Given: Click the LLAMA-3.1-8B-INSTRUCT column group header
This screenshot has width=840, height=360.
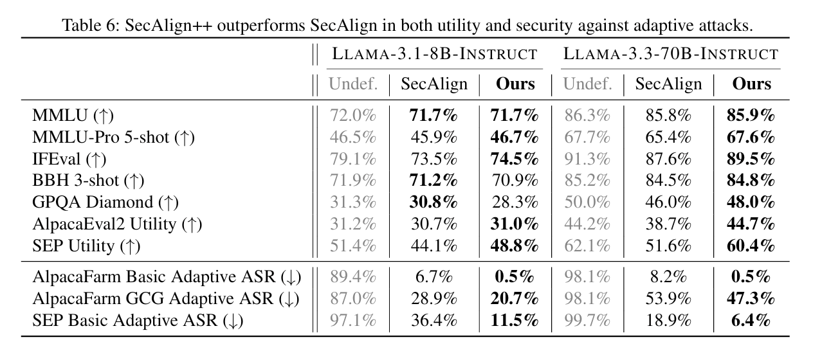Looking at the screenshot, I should click(434, 53).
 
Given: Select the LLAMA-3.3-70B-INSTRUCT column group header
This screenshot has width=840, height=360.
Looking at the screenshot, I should click(671, 53).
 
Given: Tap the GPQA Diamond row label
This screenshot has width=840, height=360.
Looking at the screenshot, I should click(105, 202).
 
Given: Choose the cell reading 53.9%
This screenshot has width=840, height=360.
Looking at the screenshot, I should click(669, 299).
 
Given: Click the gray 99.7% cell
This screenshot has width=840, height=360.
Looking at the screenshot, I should click(587, 320).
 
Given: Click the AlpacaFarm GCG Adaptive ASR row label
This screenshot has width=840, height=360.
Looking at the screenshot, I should click(167, 299).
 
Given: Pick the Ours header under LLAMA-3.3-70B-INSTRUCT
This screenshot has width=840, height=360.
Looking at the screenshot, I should click(752, 84).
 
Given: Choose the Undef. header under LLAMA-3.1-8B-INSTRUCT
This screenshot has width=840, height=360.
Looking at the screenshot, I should click(353, 84).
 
